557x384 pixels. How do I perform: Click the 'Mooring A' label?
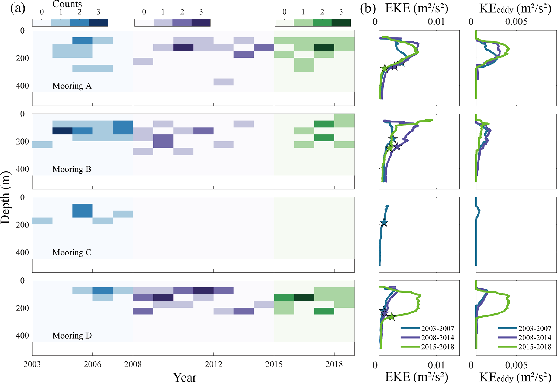coord(72,86)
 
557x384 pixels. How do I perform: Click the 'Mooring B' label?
coord(72,169)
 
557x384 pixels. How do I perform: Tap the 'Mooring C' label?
coord(72,252)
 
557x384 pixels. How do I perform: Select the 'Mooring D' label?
coord(72,336)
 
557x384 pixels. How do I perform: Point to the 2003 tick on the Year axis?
coord(32,364)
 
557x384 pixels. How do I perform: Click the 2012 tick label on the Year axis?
coord(213,364)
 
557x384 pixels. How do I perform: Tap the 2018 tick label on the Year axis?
coord(334,364)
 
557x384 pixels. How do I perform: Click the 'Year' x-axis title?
coord(185,377)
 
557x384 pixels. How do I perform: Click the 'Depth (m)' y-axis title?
coord(5,197)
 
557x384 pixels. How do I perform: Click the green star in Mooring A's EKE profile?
coord(385,69)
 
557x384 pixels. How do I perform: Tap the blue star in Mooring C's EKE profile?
coord(384,223)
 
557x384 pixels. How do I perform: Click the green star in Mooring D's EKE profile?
coord(392,317)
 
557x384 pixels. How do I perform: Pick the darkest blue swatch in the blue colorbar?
coord(98,23)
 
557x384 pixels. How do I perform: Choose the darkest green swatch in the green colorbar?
coord(341,23)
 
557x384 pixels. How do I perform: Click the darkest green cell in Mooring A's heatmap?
coord(324,48)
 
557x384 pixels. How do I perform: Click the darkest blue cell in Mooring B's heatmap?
coord(62,131)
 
